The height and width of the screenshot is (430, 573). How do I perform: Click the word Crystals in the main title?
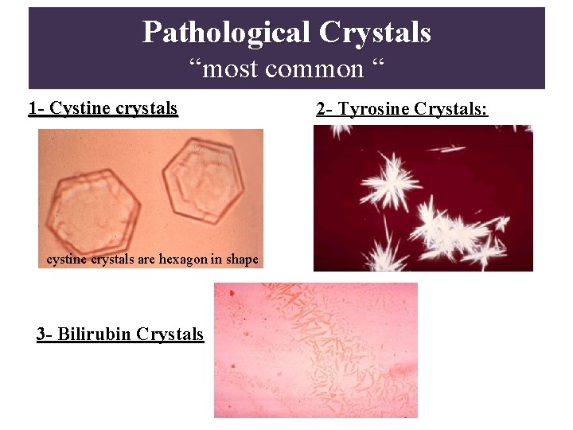[375, 33]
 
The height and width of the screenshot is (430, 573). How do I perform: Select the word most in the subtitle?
[236, 69]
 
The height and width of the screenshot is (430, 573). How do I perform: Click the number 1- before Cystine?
[37, 108]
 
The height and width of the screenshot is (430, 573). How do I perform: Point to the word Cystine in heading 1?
[77, 108]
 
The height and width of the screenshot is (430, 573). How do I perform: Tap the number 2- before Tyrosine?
[325, 109]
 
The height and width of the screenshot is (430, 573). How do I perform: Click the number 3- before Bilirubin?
[45, 334]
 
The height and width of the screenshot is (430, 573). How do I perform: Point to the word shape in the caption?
[240, 259]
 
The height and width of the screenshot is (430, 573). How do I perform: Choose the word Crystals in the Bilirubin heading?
[170, 334]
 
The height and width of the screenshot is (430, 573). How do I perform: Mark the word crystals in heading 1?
[143, 108]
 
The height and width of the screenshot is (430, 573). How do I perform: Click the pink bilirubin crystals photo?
[315, 350]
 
